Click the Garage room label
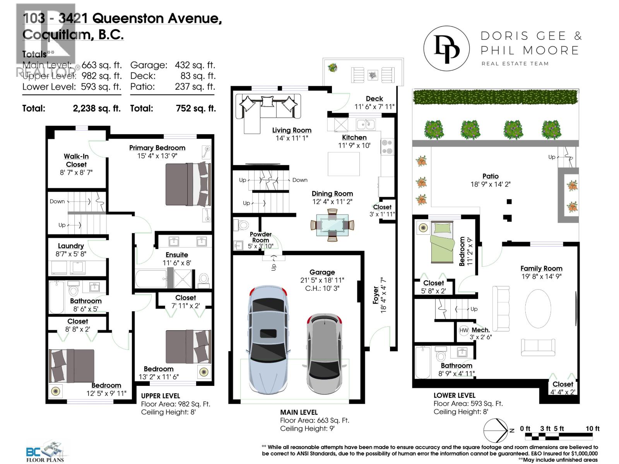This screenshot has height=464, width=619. click(x=322, y=272)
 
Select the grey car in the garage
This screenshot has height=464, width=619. click(x=325, y=352)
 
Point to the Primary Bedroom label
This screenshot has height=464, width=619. click(x=157, y=148)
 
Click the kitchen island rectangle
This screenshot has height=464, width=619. click(x=344, y=164)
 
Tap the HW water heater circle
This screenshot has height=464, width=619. click(x=464, y=330)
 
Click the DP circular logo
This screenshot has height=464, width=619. click(x=446, y=49)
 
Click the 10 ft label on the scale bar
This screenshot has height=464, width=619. click(x=592, y=428)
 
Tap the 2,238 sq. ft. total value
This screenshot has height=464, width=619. click(x=97, y=108)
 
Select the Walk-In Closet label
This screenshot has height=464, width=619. click(x=76, y=160)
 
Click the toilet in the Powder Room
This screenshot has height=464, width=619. click(x=243, y=225)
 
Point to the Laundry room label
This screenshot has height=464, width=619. click(x=71, y=246)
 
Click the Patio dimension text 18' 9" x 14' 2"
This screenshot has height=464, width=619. click(x=490, y=184)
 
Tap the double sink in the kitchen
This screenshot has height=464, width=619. click(x=365, y=124)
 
